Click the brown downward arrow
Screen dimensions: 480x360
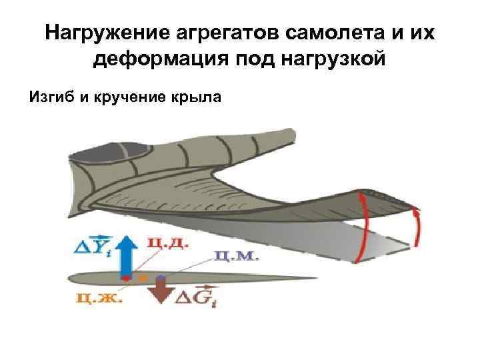[x=160, y=290]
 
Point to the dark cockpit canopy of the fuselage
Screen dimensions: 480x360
[x=100, y=155]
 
